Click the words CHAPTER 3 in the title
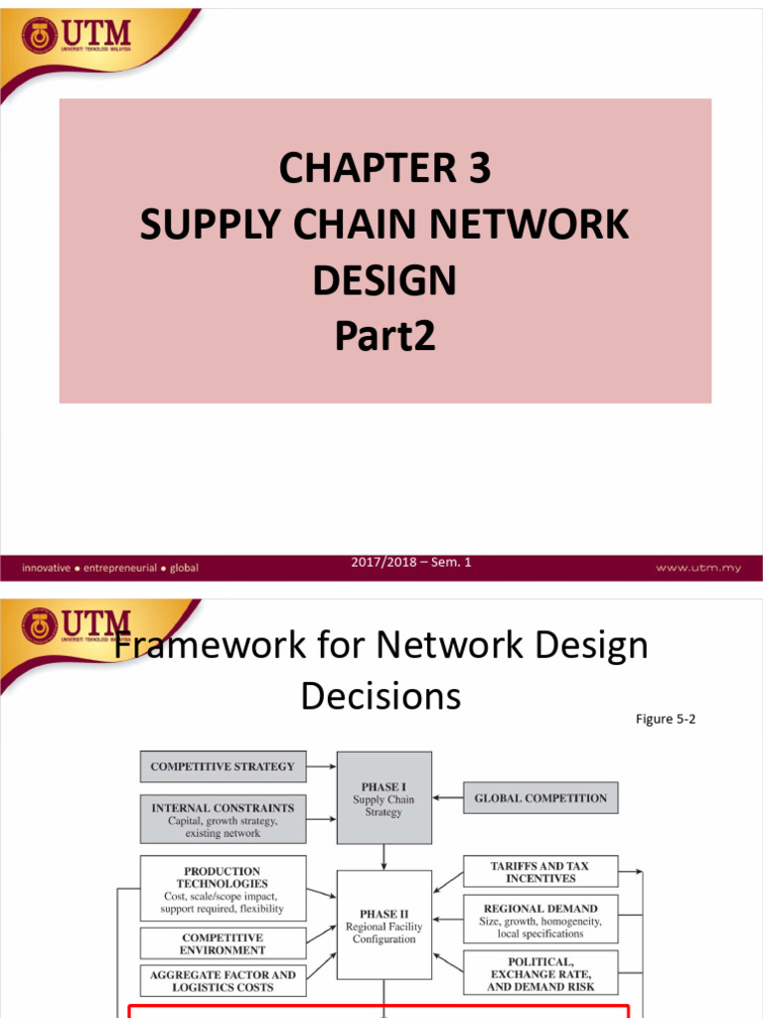(384, 169)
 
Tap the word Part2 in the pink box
(384, 338)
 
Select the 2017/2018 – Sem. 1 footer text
(411, 563)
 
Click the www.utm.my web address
(695, 568)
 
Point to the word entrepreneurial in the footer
(120, 568)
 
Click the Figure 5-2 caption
(666, 719)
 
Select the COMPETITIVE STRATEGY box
(223, 766)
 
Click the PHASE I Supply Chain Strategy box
(383, 798)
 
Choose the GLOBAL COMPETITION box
(540, 797)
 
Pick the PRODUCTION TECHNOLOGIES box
(223, 888)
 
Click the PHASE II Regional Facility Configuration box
(383, 926)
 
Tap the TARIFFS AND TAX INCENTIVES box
(540, 872)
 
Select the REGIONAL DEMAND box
(540, 921)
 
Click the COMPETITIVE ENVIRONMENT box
(223, 943)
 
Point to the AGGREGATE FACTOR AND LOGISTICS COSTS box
(223, 981)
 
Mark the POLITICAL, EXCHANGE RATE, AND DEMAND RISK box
(540, 974)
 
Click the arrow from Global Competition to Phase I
(448, 797)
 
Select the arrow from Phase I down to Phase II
(383, 857)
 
